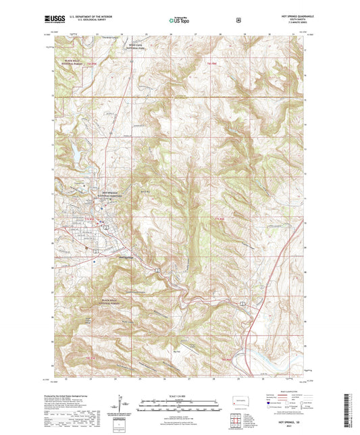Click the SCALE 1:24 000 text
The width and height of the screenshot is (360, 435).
(x=179, y=390)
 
